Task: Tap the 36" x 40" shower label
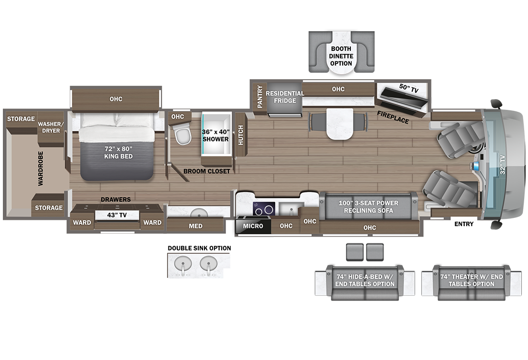tap(216, 135)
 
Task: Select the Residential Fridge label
tap(285, 97)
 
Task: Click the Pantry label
tap(260, 96)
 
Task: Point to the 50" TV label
tap(409, 88)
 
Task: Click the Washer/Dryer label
tap(51, 127)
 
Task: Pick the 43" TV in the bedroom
tap(117, 215)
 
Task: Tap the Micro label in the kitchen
tap(253, 226)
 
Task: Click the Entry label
tap(464, 224)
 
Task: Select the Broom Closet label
tap(207, 171)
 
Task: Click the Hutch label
tap(241, 135)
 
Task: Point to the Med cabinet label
tap(196, 226)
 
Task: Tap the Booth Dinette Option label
tap(341, 56)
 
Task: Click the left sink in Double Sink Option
tap(183, 264)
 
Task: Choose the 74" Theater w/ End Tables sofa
tap(471, 282)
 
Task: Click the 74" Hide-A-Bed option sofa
tap(365, 282)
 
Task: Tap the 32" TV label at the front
tap(503, 165)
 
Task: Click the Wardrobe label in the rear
tap(40, 168)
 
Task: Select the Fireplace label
tap(393, 117)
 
